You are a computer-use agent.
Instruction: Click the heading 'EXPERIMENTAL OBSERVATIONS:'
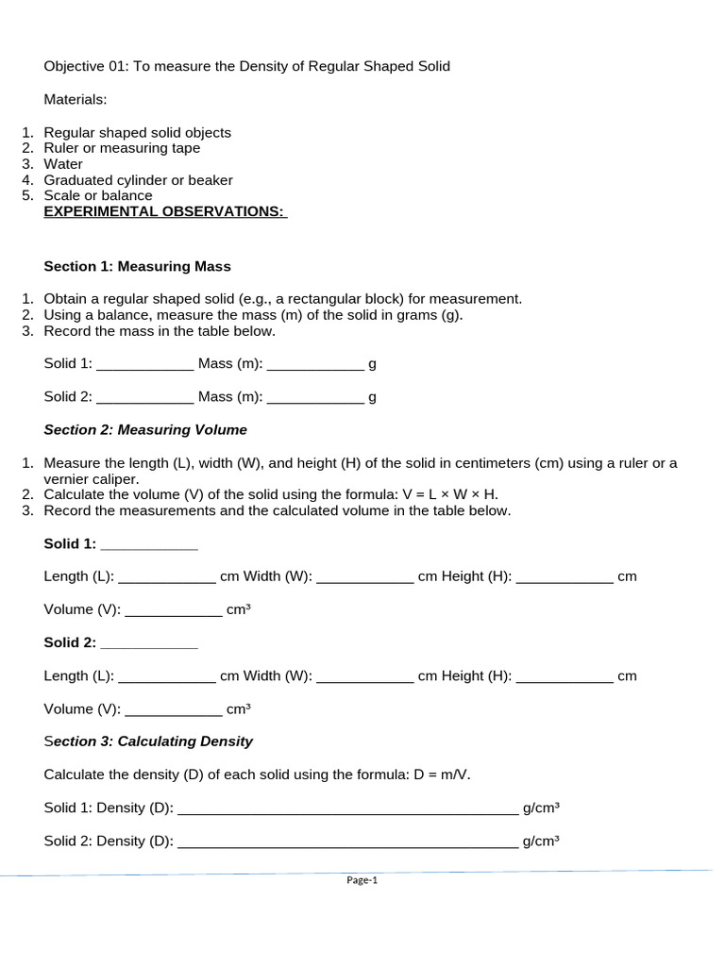[x=165, y=211]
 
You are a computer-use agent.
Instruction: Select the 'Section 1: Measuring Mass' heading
[x=137, y=266]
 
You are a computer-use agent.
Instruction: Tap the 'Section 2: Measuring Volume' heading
[x=145, y=429]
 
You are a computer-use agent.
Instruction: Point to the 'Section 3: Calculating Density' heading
[x=148, y=741]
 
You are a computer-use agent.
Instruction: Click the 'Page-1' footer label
[x=362, y=880]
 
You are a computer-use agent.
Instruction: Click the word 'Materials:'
[x=76, y=99]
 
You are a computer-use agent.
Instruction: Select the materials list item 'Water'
[x=63, y=164]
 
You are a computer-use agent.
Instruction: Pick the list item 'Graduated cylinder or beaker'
[x=138, y=180]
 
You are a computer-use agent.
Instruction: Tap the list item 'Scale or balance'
[x=98, y=195]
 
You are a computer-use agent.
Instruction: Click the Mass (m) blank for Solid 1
[x=315, y=364]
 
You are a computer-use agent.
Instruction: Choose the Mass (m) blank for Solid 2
[x=315, y=397]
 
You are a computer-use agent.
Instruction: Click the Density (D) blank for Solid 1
[x=348, y=808]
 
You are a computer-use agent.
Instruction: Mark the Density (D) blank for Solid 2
[x=348, y=841]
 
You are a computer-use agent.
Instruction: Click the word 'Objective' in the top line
[x=74, y=66]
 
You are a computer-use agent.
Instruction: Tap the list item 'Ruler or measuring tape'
[x=122, y=148]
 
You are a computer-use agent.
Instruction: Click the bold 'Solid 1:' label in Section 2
[x=70, y=543]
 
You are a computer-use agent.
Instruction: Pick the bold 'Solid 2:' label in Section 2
[x=70, y=642]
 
